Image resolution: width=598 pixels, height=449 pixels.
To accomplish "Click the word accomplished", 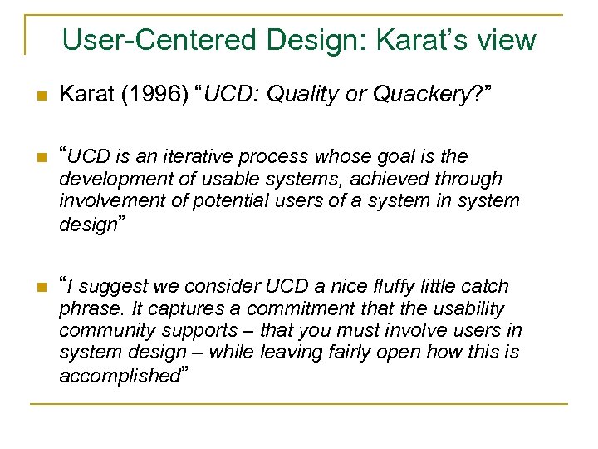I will [120, 376].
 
